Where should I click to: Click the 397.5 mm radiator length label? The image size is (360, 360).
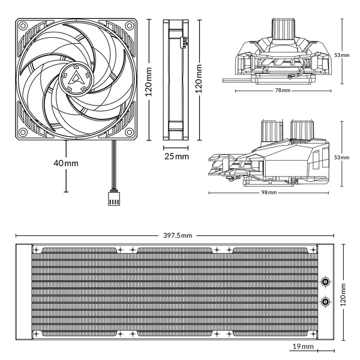pyautogui.click(x=178, y=235)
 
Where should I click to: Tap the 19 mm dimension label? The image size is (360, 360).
pyautogui.click(x=303, y=347)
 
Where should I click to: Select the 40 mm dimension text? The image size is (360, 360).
pyautogui.click(x=66, y=163)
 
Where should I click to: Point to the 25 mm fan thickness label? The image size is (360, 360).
pyautogui.click(x=176, y=156)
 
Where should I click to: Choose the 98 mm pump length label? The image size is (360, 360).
pyautogui.click(x=269, y=193)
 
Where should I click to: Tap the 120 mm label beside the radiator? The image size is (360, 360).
pyautogui.click(x=343, y=295)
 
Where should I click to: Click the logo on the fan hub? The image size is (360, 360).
pyautogui.click(x=80, y=77)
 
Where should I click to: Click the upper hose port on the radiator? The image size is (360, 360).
pyautogui.click(x=325, y=281)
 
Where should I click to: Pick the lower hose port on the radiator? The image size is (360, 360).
pyautogui.click(x=325, y=301)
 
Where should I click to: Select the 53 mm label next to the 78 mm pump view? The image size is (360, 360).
pyautogui.click(x=341, y=55)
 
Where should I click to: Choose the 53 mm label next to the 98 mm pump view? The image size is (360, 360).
pyautogui.click(x=341, y=157)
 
